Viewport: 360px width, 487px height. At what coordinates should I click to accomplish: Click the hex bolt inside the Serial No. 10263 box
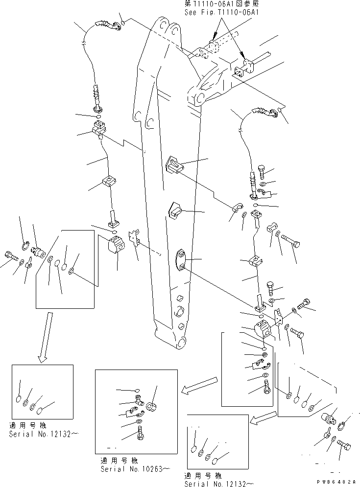click(x=141, y=433)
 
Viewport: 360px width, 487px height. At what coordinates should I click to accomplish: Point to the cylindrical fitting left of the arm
click(x=38, y=252)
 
